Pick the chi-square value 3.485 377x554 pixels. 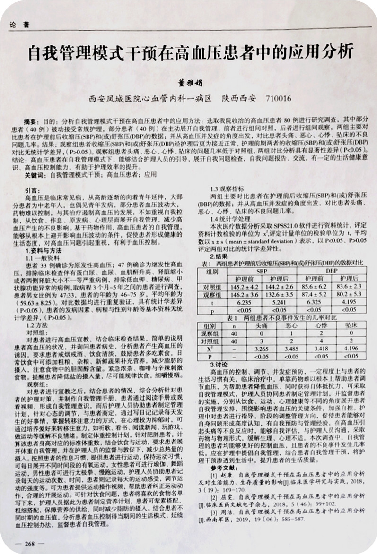click(292, 349)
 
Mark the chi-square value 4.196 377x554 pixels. click(351, 349)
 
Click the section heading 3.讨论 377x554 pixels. click(219, 365)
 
